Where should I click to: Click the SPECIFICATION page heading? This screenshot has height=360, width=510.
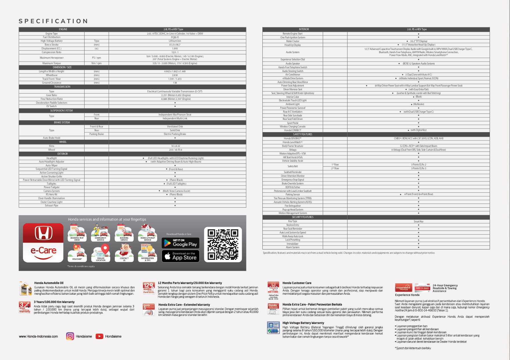53,21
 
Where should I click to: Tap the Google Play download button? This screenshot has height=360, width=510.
180,243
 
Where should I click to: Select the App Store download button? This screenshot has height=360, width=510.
180,256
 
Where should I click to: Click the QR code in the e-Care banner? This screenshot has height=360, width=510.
223,244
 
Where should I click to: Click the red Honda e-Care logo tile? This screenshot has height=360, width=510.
43,243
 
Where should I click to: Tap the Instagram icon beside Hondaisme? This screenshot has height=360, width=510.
70,336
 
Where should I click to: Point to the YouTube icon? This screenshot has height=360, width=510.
99,336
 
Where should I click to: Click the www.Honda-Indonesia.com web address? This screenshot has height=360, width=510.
38,336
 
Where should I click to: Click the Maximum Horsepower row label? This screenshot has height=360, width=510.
52,58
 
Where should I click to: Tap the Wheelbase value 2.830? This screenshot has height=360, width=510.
175,75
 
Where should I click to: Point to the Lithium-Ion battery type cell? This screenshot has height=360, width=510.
175,41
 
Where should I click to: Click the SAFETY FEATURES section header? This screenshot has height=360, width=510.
303,134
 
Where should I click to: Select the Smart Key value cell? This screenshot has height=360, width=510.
418,221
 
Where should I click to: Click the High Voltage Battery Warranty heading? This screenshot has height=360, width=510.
303,323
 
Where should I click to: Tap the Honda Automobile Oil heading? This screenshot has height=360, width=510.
49,283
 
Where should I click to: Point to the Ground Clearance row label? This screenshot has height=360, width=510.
52,83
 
